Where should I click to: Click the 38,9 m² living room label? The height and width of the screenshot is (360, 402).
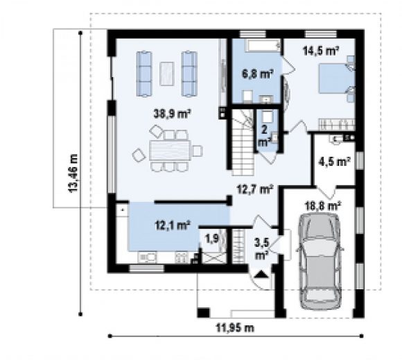(172, 113)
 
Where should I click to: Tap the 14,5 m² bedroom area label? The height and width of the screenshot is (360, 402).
(321, 51)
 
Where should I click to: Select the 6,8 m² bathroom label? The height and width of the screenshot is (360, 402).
(257, 74)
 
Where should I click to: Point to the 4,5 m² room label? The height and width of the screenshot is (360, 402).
(334, 162)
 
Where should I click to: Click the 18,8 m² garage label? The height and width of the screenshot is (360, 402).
(323, 205)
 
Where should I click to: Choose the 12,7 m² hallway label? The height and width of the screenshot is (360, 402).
(254, 189)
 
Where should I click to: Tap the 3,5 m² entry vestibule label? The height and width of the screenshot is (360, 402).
(261, 248)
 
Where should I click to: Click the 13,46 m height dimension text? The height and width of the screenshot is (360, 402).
(73, 173)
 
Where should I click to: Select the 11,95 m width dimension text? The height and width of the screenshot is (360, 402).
(235, 327)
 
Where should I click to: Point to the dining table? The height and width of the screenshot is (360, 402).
(170, 151)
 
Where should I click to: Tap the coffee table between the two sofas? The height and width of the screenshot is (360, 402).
(166, 74)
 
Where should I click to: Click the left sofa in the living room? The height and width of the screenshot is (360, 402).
(144, 74)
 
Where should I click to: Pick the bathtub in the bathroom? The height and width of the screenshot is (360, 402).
(263, 46)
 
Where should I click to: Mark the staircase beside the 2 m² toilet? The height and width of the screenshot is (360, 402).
(243, 142)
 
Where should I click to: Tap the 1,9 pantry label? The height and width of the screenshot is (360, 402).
(212, 239)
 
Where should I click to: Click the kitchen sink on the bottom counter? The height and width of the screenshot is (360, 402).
(147, 257)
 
